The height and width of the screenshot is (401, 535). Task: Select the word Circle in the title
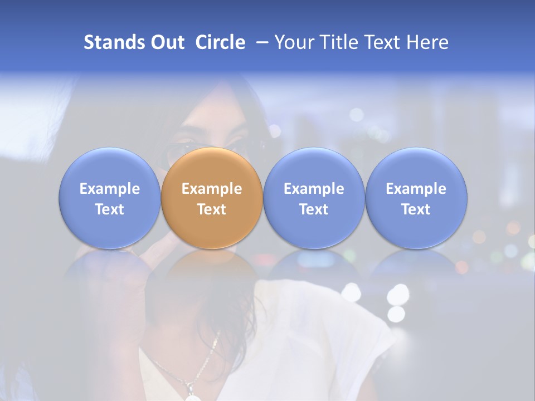[220, 42]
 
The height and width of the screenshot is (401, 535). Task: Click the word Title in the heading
[339, 42]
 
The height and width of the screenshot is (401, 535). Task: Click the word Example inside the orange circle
[212, 189]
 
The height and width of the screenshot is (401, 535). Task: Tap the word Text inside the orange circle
[212, 209]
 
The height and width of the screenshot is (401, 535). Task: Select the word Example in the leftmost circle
[109, 189]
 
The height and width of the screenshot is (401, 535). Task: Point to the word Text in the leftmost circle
[109, 209]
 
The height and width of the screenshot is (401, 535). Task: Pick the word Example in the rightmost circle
[416, 189]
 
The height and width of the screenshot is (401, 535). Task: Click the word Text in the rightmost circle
[416, 209]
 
